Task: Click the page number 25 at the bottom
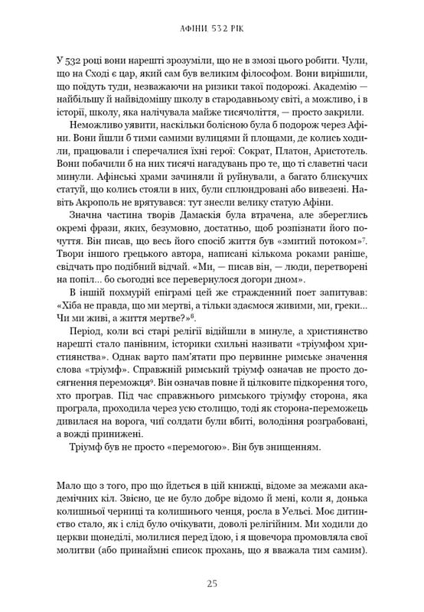pyautogui.click(x=212, y=583)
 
